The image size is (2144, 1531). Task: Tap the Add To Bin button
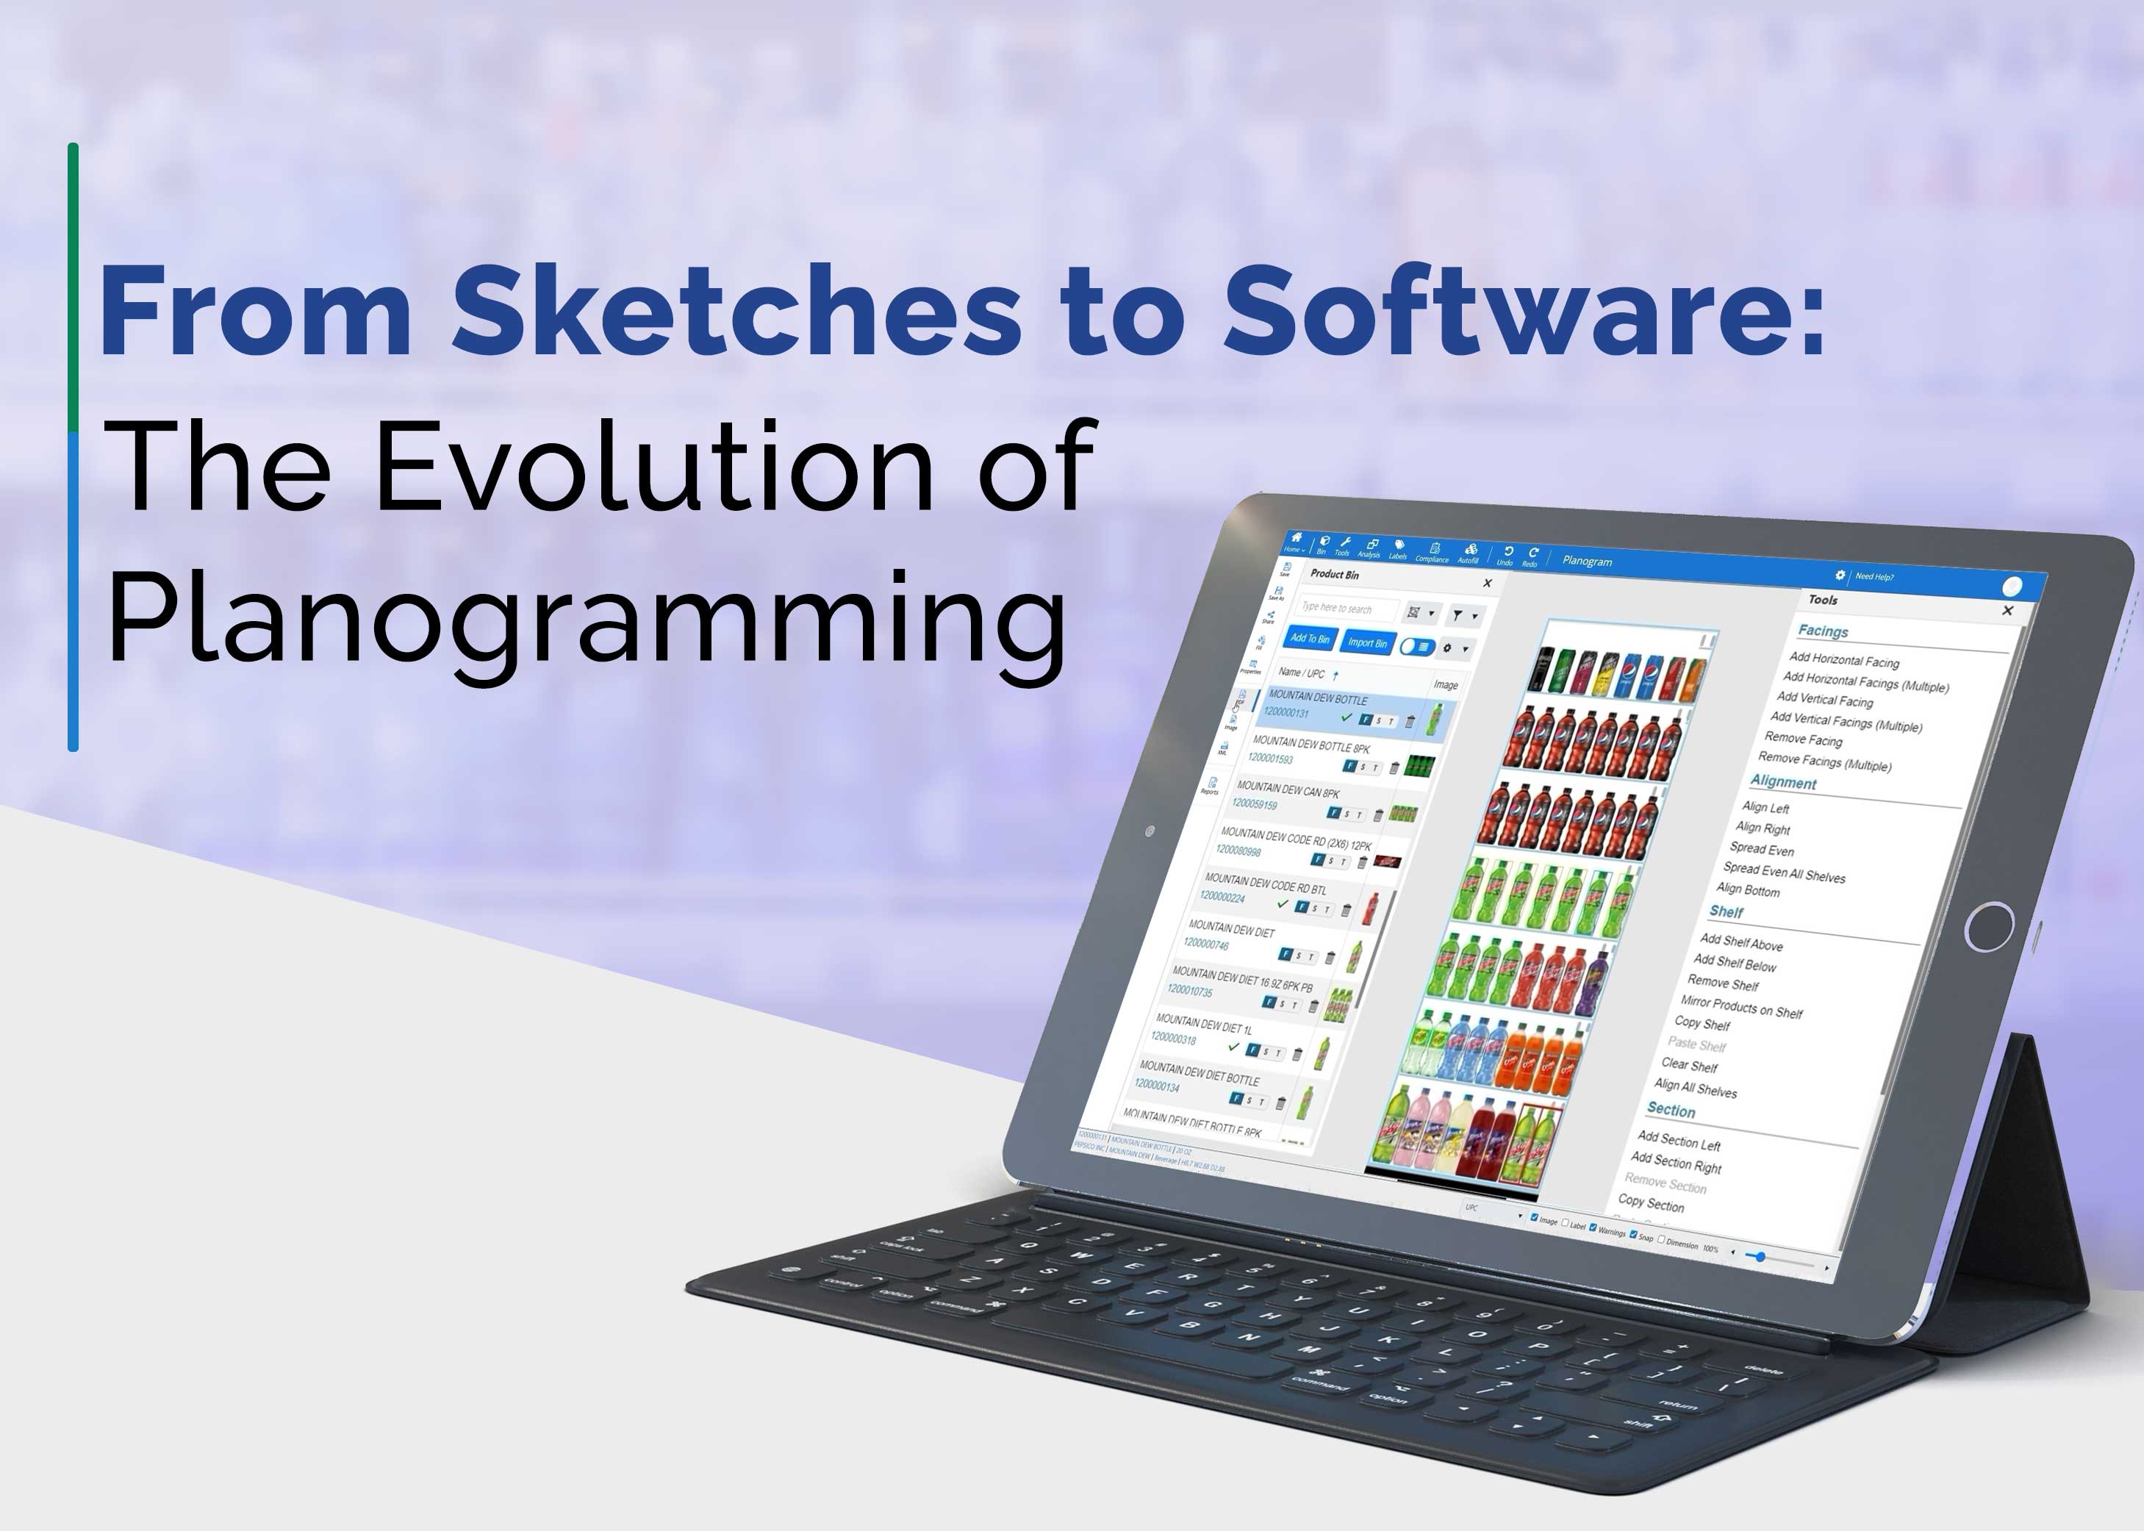tap(1310, 638)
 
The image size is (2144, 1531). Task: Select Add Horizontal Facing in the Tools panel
tap(1843, 660)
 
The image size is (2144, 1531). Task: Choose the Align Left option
tap(1765, 807)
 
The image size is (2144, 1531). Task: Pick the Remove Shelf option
tap(1723, 983)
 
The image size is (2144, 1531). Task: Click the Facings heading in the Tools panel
tap(1823, 631)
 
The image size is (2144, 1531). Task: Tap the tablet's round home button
tap(1990, 927)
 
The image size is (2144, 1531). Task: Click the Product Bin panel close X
tap(1487, 584)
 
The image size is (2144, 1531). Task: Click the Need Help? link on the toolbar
tap(1874, 576)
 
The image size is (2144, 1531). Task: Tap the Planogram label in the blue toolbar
tap(1587, 561)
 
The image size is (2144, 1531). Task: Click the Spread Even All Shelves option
tap(1784, 872)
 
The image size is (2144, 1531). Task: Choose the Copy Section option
tap(1650, 1203)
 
